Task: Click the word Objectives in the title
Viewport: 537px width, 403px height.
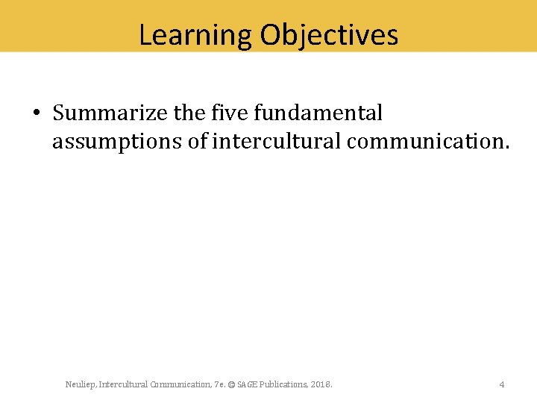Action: pyautogui.click(x=329, y=35)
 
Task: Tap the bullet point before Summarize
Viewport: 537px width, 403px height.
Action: pyautogui.click(x=36, y=113)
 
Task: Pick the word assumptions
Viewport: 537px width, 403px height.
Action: pyautogui.click(x=116, y=141)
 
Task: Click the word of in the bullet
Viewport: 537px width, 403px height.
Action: pyautogui.click(x=197, y=141)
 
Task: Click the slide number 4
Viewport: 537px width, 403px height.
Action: pyautogui.click(x=502, y=384)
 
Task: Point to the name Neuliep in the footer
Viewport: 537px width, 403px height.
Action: pyautogui.click(x=79, y=384)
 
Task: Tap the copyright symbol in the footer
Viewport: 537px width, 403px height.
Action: pyautogui.click(x=231, y=384)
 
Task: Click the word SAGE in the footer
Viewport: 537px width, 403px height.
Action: pyautogui.click(x=246, y=384)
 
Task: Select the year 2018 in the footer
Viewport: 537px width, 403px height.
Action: pyautogui.click(x=321, y=384)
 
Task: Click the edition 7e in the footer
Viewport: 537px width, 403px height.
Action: pyautogui.click(x=219, y=384)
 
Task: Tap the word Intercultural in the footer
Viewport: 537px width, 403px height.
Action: pyautogui.click(x=121, y=384)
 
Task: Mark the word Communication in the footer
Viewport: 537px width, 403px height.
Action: pyautogui.click(x=180, y=384)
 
